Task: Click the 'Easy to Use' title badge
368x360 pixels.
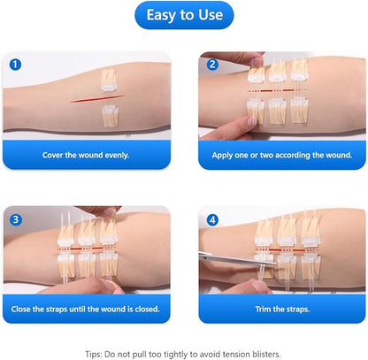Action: [x=184, y=15]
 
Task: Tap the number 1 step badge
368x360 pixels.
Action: [x=15, y=65]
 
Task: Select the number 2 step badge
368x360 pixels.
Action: [x=212, y=65]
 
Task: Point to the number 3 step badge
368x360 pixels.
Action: [x=16, y=219]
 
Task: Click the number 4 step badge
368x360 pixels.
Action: [x=212, y=220]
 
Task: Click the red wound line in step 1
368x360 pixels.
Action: [x=97, y=99]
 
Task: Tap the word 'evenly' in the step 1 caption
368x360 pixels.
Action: [x=117, y=155]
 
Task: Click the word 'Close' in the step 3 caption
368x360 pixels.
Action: [x=21, y=309]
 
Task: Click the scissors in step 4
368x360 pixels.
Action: [x=238, y=259]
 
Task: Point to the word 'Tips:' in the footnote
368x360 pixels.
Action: [x=94, y=354]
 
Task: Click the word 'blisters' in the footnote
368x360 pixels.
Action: [x=266, y=354]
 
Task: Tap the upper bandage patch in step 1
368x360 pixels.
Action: [x=109, y=80]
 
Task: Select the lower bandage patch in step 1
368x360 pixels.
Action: [x=111, y=116]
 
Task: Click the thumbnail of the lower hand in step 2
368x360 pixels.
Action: [x=252, y=120]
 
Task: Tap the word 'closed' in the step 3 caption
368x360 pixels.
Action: [x=147, y=309]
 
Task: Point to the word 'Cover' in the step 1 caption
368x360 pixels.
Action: [x=52, y=155]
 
